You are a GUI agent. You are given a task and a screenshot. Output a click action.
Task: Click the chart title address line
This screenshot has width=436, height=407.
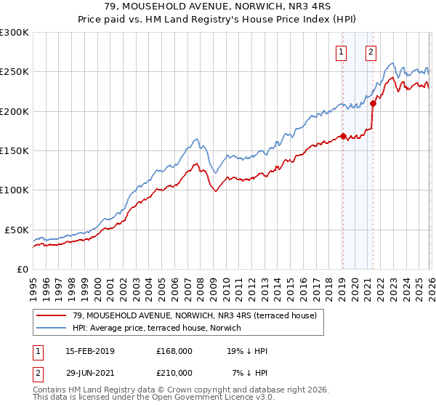(217, 7)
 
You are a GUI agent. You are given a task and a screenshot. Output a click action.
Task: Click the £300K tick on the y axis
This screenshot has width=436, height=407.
(15, 33)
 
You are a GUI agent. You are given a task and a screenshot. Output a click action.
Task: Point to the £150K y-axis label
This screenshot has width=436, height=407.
(15, 151)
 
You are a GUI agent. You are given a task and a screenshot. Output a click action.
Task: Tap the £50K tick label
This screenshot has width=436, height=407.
(17, 230)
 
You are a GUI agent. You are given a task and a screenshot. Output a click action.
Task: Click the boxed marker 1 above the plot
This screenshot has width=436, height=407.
(342, 52)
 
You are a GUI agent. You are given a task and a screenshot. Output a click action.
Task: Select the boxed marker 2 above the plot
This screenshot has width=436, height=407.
(371, 52)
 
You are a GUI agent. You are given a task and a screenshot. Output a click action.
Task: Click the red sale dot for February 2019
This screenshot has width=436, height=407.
(342, 136)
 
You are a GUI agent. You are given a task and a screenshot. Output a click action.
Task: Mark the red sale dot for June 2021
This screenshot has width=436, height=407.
(373, 103)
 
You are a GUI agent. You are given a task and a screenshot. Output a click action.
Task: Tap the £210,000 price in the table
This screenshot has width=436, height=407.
(174, 372)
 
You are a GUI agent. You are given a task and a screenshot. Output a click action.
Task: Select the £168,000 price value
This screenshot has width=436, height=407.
(174, 351)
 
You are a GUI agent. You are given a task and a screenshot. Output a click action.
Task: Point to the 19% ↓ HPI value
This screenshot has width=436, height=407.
(248, 351)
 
